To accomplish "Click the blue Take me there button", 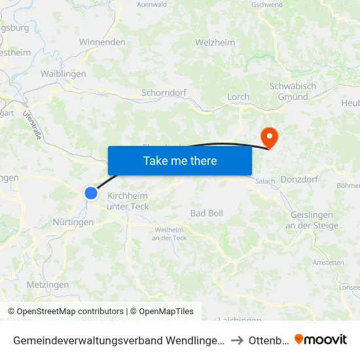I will click(x=179, y=160).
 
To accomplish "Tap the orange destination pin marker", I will click(x=268, y=137).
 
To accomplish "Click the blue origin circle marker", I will click(x=91, y=192).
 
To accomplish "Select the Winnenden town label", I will click(x=102, y=42).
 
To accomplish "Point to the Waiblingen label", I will click(x=63, y=74).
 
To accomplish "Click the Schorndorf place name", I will click(x=163, y=93).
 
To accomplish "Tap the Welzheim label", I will click(x=215, y=43).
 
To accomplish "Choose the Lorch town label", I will click(x=238, y=97).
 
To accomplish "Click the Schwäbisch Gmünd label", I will click(x=293, y=92).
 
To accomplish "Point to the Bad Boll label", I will click(x=207, y=213).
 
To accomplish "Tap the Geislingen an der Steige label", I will click(x=312, y=221).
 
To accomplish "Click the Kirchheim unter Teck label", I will click(x=128, y=201).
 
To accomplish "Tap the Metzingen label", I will click(x=48, y=285).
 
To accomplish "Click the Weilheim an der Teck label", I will click(x=169, y=234).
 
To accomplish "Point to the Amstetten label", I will click(x=329, y=262).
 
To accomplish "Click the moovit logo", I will click(x=321, y=339).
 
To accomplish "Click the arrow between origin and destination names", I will click(x=238, y=340).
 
